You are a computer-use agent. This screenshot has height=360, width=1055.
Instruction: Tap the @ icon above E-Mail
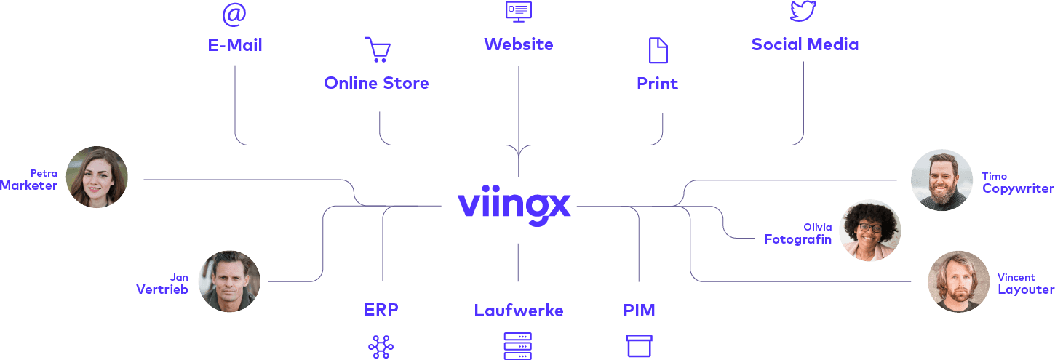[234, 14]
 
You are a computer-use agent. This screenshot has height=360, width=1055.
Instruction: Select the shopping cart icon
[378, 49]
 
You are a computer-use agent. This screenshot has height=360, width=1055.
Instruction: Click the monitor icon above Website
[519, 11]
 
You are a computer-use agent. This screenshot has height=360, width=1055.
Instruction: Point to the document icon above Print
[658, 50]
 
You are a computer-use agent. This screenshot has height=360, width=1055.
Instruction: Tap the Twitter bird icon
[803, 11]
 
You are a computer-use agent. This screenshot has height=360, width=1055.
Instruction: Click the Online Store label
[376, 83]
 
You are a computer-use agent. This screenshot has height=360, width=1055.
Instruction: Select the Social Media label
[805, 44]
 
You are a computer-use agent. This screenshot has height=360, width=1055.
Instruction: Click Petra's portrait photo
[97, 177]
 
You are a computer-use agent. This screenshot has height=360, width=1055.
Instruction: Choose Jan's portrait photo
[229, 281]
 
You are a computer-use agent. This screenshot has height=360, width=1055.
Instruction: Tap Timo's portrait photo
[941, 180]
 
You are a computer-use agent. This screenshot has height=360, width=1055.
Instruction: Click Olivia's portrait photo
[870, 231]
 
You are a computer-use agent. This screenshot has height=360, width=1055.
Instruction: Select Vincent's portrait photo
[958, 281]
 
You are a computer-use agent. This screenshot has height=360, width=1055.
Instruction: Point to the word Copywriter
[1018, 188]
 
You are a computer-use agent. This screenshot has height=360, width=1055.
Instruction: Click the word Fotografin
[797, 239]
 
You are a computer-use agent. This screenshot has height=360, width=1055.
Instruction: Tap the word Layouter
[1026, 289]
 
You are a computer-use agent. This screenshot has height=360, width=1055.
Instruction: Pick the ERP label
[381, 310]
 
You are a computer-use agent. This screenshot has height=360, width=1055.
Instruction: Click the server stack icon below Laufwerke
[518, 345]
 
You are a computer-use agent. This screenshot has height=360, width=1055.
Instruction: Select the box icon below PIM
[640, 345]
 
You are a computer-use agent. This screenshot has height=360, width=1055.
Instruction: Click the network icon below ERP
[381, 347]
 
